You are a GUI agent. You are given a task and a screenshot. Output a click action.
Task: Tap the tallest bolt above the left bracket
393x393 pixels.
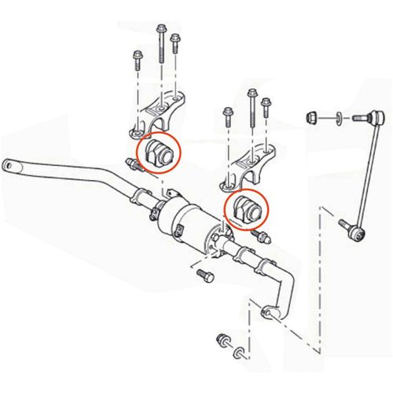tap(161, 43)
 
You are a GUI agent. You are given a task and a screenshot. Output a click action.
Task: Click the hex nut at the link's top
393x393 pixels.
tap(312, 118)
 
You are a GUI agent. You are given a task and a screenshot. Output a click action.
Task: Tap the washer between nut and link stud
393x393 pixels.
tap(338, 119)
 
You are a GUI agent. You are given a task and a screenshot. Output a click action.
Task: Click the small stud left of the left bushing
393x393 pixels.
tap(133, 164)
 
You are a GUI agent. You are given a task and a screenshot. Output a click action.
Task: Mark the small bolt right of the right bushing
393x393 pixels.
tap(262, 235)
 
